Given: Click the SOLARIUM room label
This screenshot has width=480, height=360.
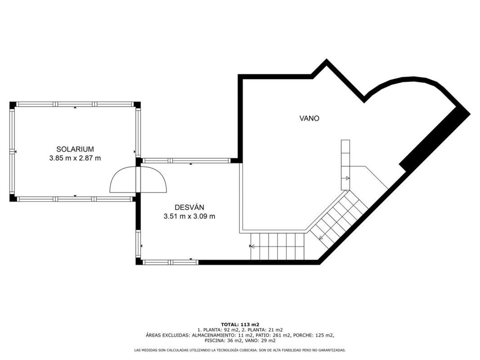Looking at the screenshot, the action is pyautogui.click(x=75, y=149).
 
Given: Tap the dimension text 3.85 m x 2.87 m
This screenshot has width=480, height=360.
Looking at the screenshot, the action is pyautogui.click(x=75, y=158).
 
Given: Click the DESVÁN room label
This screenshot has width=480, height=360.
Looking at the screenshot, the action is pyautogui.click(x=189, y=207).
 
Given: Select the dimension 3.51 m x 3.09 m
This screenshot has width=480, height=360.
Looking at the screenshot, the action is pyautogui.click(x=189, y=216).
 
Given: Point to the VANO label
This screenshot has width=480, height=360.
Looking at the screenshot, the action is pyautogui.click(x=309, y=118).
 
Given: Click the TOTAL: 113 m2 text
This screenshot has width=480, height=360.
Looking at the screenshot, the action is pyautogui.click(x=240, y=324).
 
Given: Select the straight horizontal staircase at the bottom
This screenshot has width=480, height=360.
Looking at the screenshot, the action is pyautogui.click(x=278, y=246).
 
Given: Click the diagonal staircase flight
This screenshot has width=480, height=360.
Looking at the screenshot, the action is pyautogui.click(x=338, y=218).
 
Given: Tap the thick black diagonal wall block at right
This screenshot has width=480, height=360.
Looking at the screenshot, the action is pyautogui.click(x=435, y=138).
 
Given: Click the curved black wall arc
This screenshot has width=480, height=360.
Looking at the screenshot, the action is pyautogui.click(x=410, y=81).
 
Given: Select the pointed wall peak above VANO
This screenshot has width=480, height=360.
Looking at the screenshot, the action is pyautogui.click(x=326, y=61).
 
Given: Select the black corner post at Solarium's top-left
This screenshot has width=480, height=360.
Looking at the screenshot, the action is pyautogui.click(x=13, y=105).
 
